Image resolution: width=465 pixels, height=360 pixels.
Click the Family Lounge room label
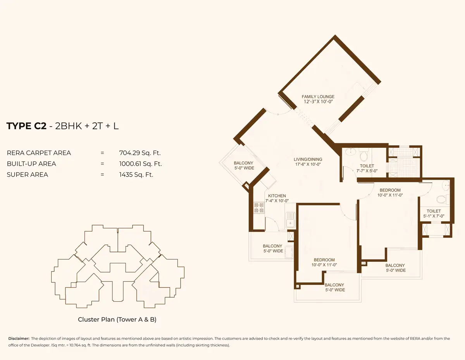[318, 97]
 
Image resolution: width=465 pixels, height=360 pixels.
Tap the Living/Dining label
[308, 159]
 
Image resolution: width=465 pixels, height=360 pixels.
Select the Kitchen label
[277, 195]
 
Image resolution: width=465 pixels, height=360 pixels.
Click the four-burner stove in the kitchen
[259, 208]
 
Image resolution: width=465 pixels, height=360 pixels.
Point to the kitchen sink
[290, 219]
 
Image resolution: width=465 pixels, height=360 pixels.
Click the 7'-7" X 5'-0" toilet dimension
[367, 171]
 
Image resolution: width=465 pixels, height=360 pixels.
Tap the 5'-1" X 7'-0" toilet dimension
[434, 216]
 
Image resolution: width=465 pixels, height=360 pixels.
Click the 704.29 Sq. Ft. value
[140, 153]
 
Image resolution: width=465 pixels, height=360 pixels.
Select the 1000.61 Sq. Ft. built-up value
[140, 164]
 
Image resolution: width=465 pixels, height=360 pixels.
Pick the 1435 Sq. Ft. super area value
[136, 175]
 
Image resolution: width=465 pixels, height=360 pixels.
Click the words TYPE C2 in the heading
[26, 126]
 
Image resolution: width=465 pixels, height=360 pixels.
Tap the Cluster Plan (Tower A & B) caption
[117, 319]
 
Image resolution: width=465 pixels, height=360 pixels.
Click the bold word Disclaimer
[19, 338]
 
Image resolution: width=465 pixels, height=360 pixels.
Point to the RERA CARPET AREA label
[39, 153]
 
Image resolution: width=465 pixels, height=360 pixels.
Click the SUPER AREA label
[28, 175]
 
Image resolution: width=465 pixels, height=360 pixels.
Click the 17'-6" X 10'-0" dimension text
[308, 164]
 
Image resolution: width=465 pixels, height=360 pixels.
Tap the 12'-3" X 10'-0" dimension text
[318, 101]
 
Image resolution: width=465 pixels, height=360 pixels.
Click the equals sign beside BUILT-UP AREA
[102, 164]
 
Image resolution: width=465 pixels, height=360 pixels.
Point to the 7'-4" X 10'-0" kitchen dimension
[277, 201]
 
